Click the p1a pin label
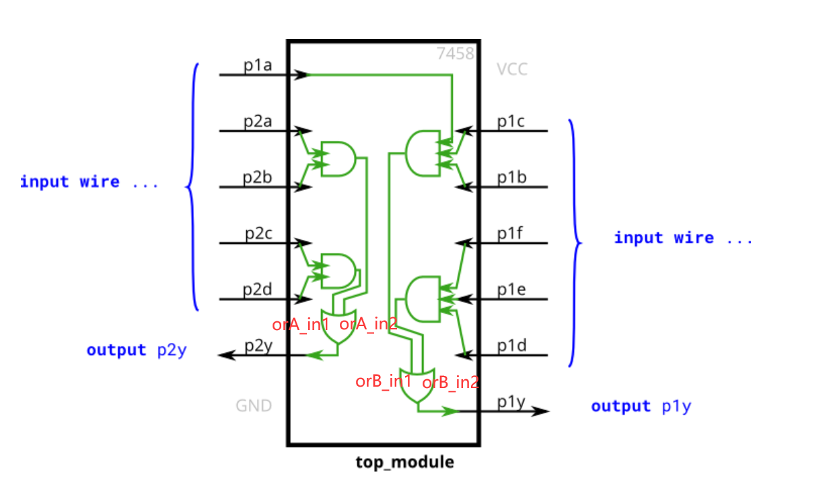(x=258, y=65)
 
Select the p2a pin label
(x=258, y=122)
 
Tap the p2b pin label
(x=258, y=179)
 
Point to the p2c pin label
(x=258, y=234)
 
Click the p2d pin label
(x=258, y=291)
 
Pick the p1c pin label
(x=511, y=121)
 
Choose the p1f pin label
(x=510, y=234)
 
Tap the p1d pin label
(x=511, y=346)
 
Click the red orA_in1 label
(x=301, y=325)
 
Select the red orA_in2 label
(x=368, y=324)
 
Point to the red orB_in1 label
(x=384, y=381)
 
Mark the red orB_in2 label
(x=450, y=383)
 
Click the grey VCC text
(x=512, y=69)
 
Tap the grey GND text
(x=254, y=406)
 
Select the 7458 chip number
(x=456, y=54)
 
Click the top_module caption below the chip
(x=404, y=463)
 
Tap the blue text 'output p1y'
(x=641, y=406)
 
